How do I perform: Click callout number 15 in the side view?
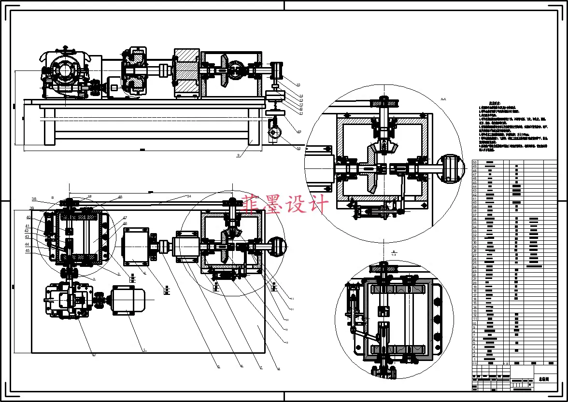pyautogui.click(x=298, y=84)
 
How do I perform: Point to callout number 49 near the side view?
pyautogui.click(x=299, y=131)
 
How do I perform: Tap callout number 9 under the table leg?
pyautogui.click(x=239, y=155)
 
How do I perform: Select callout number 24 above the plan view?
pyautogui.click(x=189, y=196)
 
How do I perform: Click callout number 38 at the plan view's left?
pyautogui.click(x=34, y=199)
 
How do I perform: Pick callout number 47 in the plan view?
pyautogui.click(x=125, y=218)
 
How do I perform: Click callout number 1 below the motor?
pyautogui.click(x=144, y=349)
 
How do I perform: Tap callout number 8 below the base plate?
pyautogui.click(x=279, y=369)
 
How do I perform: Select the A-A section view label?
pyautogui.click(x=443, y=99)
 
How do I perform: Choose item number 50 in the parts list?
pyautogui.click(x=475, y=162)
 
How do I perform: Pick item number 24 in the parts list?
pyautogui.click(x=475, y=267)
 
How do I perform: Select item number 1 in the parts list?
pyautogui.click(x=475, y=360)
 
